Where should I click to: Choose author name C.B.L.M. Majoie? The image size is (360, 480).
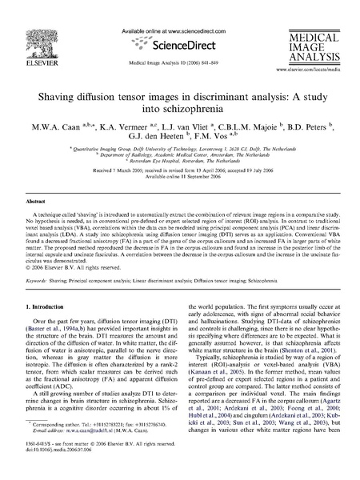coord(247,127)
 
